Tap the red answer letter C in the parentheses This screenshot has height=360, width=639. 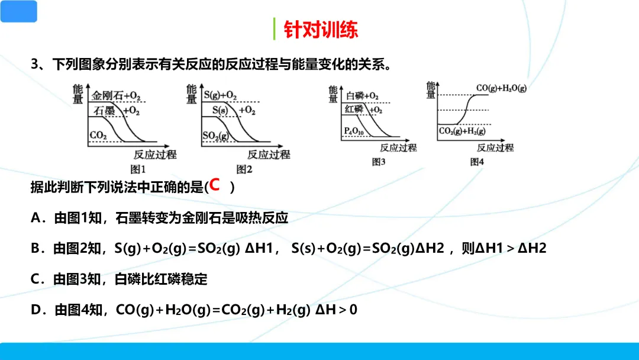tap(215, 185)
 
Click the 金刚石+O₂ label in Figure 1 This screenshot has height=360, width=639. tap(117, 95)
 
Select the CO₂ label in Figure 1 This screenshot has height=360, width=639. tap(98, 136)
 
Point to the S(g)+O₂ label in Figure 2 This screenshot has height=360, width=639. tap(220, 95)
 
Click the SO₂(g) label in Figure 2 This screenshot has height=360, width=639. tap(215, 136)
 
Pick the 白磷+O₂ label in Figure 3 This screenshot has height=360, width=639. tap(362, 96)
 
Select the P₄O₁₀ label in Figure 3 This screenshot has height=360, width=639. tap(354, 131)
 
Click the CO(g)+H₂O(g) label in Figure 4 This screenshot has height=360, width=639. tap(501, 88)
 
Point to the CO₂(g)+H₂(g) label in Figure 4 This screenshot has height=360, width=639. tap(462, 131)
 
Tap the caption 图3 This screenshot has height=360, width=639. tap(379, 162)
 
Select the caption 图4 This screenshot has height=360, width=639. tap(477, 162)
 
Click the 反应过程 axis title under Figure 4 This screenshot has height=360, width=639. tap(495, 148)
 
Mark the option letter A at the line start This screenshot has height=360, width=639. tap(35, 218)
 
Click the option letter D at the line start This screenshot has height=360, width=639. tap(35, 309)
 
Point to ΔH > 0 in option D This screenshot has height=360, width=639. tap(336, 309)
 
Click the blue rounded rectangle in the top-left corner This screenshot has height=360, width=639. tap(18, 11)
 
